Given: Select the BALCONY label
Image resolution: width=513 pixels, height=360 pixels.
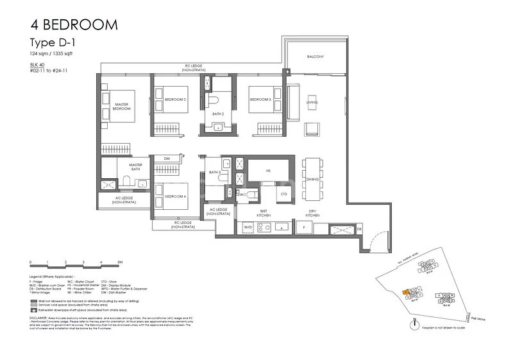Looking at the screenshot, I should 315,57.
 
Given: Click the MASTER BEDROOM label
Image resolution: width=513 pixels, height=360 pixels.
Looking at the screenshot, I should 122,106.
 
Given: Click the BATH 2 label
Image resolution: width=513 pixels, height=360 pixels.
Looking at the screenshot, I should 218,114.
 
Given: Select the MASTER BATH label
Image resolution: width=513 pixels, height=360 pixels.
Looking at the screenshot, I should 135,167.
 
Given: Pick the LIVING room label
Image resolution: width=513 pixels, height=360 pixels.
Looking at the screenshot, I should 312,103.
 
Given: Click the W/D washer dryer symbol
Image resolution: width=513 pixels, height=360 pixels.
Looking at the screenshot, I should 247,227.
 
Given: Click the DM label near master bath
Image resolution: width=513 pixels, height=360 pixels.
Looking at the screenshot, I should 166,159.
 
